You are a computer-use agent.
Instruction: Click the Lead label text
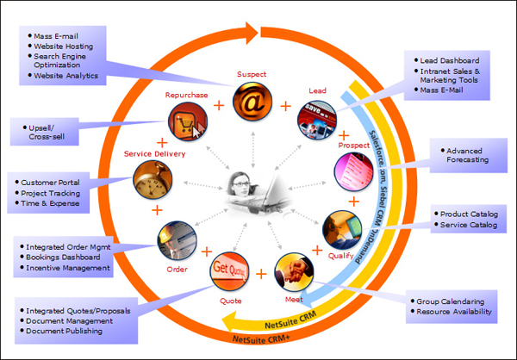[317, 90]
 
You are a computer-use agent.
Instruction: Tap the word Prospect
[352, 146]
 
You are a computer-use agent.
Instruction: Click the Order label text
[178, 269]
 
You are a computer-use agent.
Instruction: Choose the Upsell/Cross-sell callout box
[52, 132]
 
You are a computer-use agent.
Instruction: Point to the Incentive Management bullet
[69, 268]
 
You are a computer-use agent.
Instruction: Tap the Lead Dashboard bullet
[449, 60]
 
